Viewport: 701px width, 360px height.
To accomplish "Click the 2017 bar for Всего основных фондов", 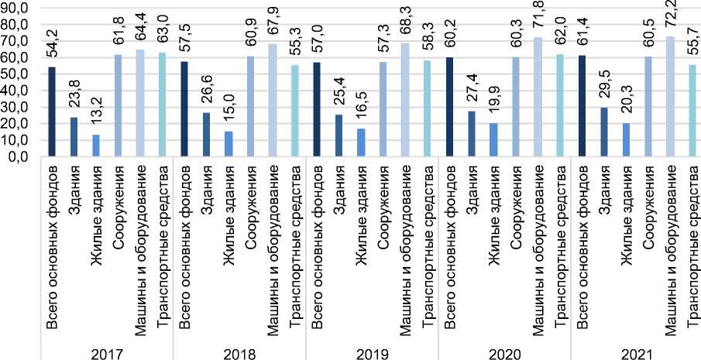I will point(52,111).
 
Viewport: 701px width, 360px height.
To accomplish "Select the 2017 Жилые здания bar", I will point(95,146).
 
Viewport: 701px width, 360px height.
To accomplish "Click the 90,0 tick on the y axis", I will point(18,9).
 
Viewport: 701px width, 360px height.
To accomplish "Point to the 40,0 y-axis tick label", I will point(18,91).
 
